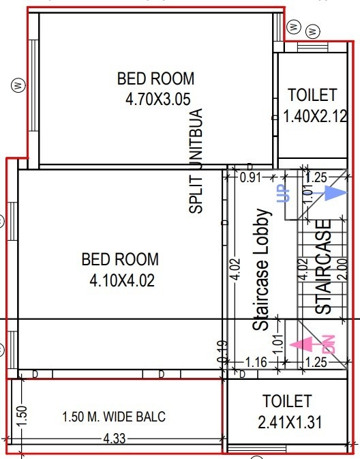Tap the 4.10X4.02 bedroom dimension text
120,280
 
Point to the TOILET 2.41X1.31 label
287,411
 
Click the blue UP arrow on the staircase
333,194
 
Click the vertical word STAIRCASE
324,266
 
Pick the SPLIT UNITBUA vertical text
196,161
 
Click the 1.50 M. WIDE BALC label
114,417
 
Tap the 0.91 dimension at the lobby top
250,178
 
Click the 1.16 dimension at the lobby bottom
256,363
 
